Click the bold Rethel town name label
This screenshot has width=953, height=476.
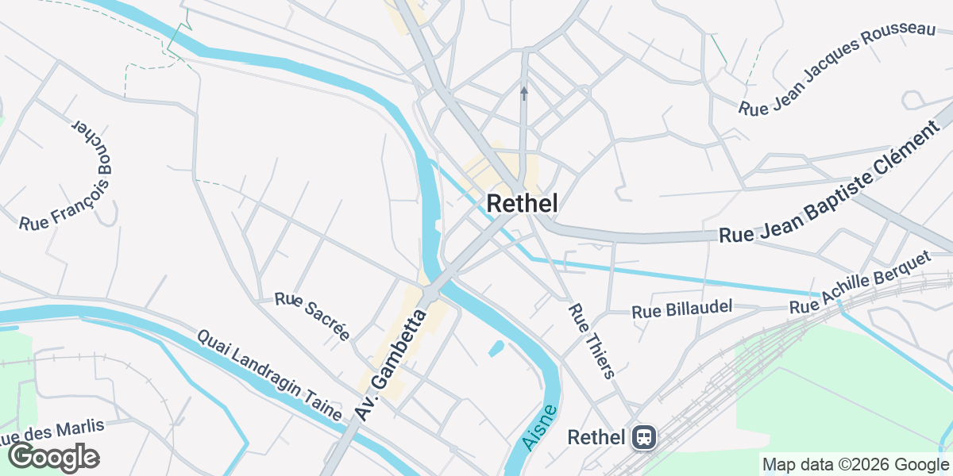click(521, 203)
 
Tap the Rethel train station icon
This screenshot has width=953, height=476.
click(642, 437)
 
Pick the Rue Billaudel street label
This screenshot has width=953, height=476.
click(681, 310)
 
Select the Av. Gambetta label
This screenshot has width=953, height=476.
click(391, 366)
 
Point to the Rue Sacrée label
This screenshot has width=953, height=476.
click(312, 316)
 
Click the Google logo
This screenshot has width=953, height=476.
click(54, 457)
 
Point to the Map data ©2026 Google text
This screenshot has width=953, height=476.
click(855, 464)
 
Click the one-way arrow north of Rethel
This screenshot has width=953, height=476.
click(523, 94)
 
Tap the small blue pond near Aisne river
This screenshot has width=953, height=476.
click(496, 347)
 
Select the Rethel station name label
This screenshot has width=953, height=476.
click(597, 437)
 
